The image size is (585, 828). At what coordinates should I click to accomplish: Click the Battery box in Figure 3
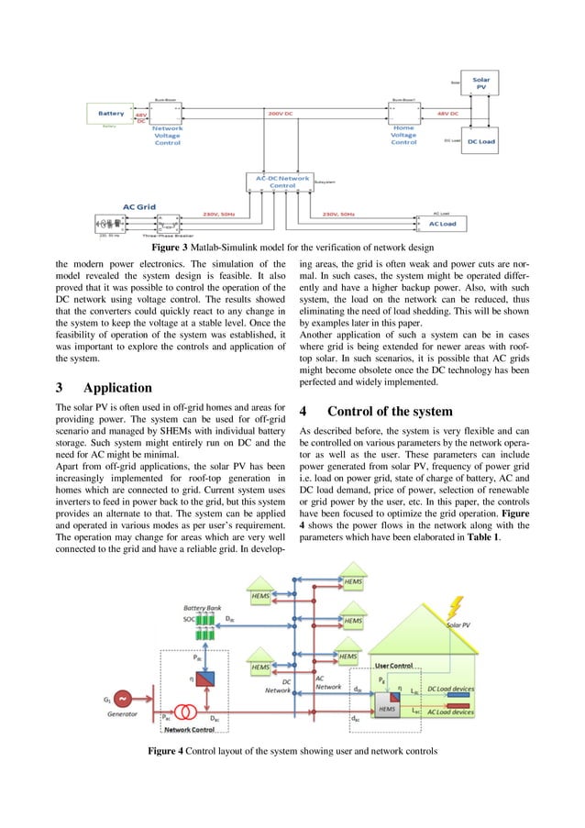click(111, 114)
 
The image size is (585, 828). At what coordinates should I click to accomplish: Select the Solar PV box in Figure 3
click(480, 83)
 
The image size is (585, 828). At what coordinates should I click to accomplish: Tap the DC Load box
click(480, 141)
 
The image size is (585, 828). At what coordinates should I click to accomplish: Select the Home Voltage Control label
click(403, 135)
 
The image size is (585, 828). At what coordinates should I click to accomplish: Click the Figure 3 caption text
click(292, 248)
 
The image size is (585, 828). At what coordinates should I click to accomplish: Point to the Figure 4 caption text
click(292, 752)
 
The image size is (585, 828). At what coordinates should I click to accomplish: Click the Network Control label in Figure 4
click(190, 729)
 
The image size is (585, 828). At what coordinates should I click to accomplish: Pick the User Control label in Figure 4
click(396, 665)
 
